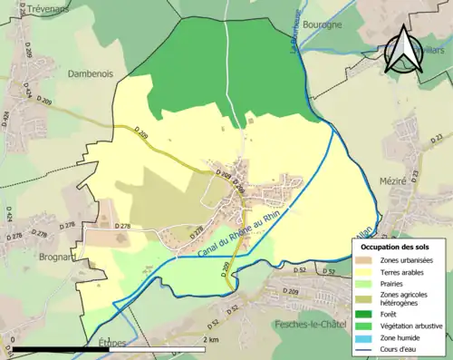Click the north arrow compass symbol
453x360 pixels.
(403, 51)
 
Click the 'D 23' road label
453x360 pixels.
(439, 137)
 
